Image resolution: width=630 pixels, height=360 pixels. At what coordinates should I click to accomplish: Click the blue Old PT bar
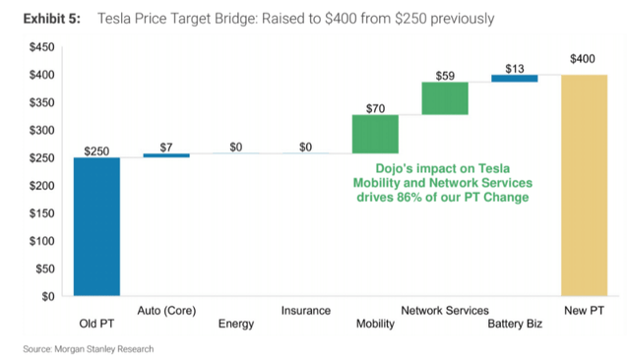click(96, 226)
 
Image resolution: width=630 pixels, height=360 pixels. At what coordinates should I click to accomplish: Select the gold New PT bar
click(584, 185)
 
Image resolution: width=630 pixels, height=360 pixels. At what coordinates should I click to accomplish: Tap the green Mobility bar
click(375, 134)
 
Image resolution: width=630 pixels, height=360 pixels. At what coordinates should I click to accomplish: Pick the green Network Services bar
click(445, 98)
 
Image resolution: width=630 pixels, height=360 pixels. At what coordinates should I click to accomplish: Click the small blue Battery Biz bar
click(514, 79)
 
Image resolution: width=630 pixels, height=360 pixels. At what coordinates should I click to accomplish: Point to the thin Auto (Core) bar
click(166, 154)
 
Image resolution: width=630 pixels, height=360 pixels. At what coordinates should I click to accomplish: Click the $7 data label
click(166, 146)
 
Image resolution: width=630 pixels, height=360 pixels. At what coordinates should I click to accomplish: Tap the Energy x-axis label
click(235, 324)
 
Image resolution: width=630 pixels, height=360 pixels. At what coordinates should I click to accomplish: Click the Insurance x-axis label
click(305, 311)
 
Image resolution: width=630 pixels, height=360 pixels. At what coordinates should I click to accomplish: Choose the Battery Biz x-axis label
click(515, 324)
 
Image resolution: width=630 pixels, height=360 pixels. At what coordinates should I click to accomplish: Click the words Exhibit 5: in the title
click(40, 19)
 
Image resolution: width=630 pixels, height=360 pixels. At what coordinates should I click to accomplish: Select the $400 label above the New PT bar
click(584, 60)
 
